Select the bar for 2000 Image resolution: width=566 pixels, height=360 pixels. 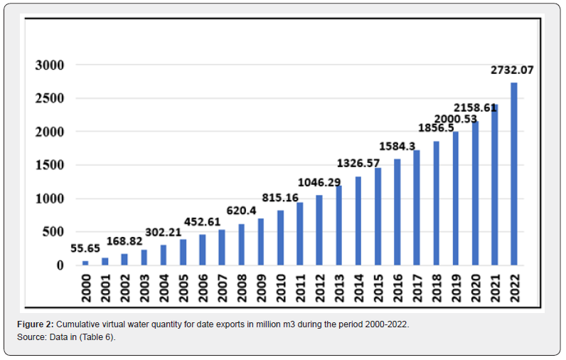[x=85, y=263]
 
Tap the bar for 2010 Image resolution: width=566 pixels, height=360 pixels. [x=280, y=238]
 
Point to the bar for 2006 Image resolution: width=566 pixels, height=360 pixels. [x=202, y=250]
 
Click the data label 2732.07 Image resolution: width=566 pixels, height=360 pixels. [x=512, y=70]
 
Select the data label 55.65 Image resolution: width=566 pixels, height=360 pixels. [x=85, y=248]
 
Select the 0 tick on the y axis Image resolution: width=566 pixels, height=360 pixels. [x=60, y=265]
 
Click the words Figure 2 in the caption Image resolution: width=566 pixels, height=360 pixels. [x=36, y=324]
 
